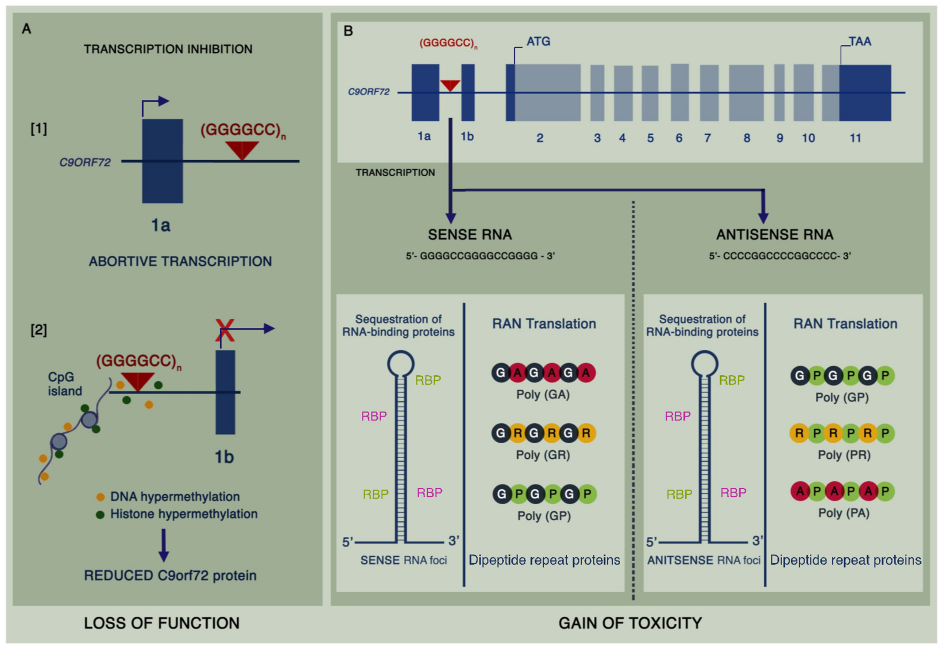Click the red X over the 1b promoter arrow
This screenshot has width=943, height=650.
225,330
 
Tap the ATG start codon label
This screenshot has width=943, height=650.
538,41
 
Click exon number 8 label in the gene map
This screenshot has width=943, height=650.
746,138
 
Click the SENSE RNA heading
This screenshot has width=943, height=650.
470,235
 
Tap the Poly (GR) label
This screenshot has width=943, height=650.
543,455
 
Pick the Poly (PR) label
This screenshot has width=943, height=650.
844,455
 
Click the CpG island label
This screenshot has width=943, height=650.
64,384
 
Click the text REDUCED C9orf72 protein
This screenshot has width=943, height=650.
170,575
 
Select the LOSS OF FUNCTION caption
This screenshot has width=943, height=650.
162,623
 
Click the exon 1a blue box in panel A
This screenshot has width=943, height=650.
162,161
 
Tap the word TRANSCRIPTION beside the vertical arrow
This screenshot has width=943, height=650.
395,173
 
